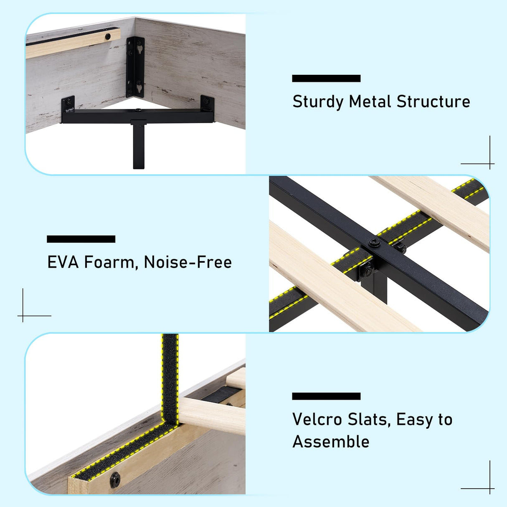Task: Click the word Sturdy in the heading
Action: click(x=318, y=102)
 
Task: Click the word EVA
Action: click(x=63, y=262)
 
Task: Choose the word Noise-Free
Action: click(x=188, y=262)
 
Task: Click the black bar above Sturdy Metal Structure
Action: click(x=326, y=79)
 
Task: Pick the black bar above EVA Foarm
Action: click(x=81, y=239)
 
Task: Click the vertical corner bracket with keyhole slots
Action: click(x=135, y=67)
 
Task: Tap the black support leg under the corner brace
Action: click(x=139, y=144)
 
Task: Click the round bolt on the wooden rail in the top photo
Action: click(x=108, y=36)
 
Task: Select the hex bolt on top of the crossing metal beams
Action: click(x=374, y=242)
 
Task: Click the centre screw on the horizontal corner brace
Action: click(x=138, y=110)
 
